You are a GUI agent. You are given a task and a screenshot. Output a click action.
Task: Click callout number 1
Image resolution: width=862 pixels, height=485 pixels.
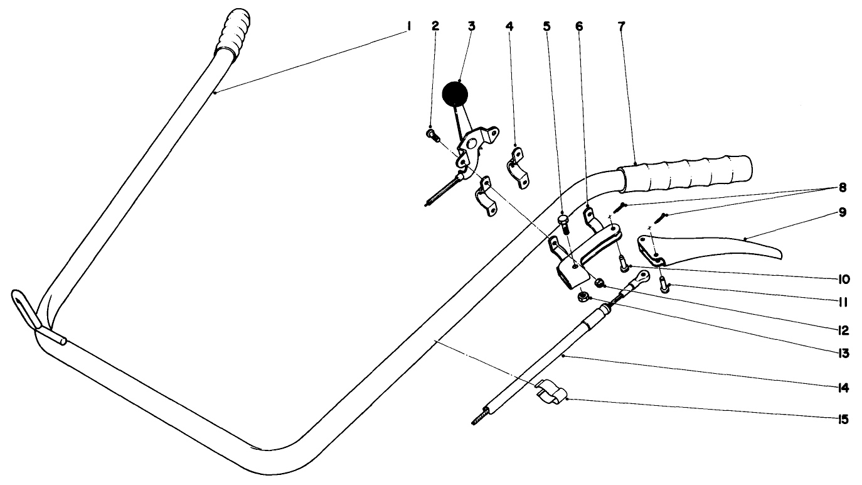(408, 26)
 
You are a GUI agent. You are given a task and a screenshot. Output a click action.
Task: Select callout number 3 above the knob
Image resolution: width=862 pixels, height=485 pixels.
(471, 26)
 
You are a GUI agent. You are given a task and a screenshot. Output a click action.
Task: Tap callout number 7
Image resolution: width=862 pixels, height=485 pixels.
(622, 26)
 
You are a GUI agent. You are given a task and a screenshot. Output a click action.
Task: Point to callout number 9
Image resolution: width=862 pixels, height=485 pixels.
(841, 213)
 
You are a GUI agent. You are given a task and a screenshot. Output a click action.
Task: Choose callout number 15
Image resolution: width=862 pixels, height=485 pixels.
(841, 419)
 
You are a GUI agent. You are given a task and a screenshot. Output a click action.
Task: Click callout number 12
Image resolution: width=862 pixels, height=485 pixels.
(841, 330)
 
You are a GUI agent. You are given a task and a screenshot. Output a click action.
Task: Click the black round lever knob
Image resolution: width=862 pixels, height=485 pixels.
(455, 95)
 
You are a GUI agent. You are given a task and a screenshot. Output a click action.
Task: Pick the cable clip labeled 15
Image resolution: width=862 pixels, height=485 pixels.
(551, 391)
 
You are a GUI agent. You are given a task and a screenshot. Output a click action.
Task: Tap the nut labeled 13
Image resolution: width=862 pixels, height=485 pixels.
(583, 295)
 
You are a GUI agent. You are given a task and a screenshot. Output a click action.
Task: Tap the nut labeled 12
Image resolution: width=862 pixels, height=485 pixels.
(599, 282)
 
